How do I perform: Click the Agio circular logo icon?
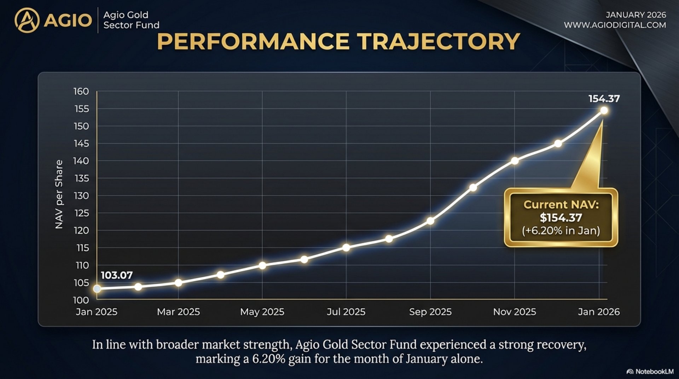point(27,21)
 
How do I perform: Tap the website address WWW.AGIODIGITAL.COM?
point(615,25)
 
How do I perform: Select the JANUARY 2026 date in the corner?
point(636,15)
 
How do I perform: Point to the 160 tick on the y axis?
point(81,91)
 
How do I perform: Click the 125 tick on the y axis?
point(81,213)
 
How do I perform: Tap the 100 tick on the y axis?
point(81,300)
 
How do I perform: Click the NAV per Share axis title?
point(59,194)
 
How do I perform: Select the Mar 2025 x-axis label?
point(178,312)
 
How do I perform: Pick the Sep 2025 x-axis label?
point(430,312)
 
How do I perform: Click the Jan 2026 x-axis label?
point(598,312)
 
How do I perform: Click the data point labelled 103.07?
point(97,289)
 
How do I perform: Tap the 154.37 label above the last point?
point(604,99)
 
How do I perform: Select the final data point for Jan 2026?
point(604,111)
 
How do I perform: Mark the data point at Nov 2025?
point(515,161)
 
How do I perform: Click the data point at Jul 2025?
point(346,248)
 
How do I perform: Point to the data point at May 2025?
point(262,265)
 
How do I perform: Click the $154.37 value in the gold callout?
point(561,218)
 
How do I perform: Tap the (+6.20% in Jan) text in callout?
point(561,231)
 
